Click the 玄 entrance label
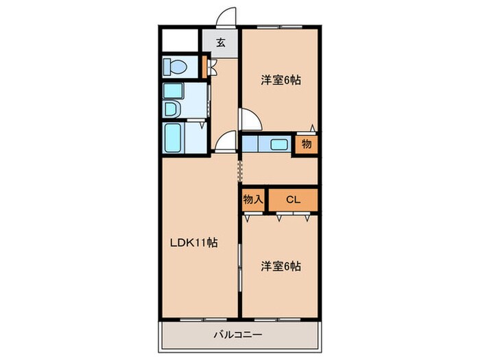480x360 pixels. click(221, 42)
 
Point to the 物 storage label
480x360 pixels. click(306, 145)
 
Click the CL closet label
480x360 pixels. click(293, 200)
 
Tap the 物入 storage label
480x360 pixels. click(252, 200)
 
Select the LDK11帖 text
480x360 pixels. click(194, 242)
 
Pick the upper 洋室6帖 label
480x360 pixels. click(280, 80)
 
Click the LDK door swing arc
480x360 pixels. click(224, 141)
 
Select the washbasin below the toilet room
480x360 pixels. click(171, 109)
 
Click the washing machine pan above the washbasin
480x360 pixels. click(172, 90)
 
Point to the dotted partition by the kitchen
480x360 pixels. click(239, 169)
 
